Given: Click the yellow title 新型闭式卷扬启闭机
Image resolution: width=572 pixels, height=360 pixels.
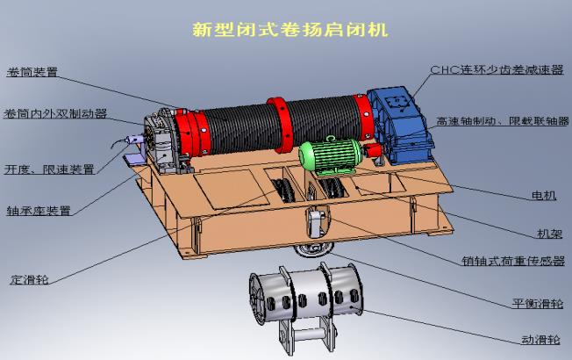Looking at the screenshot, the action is pyautogui.click(x=290, y=30).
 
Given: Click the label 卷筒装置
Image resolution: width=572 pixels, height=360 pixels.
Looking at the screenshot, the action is pyautogui.click(x=32, y=72).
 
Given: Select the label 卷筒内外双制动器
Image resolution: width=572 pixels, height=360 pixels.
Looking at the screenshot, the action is pyautogui.click(x=55, y=113).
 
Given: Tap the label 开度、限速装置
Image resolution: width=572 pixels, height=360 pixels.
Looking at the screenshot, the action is pyautogui.click(x=49, y=169).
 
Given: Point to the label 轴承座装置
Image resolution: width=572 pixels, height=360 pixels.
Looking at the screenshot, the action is pyautogui.click(x=39, y=211).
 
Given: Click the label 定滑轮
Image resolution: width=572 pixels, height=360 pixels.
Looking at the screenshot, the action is pyautogui.click(x=29, y=280).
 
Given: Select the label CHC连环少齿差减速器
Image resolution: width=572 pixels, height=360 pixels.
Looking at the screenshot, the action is pyautogui.click(x=497, y=69).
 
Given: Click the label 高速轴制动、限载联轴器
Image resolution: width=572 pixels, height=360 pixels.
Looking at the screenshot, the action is pyautogui.click(x=503, y=121).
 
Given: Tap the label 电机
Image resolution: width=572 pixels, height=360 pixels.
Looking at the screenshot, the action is pyautogui.click(x=544, y=196).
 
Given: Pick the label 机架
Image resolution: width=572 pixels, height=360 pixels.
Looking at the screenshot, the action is pyautogui.click(x=550, y=234).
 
